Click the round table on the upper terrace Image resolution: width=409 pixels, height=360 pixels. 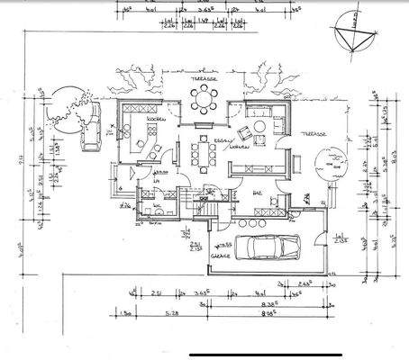point(205,99)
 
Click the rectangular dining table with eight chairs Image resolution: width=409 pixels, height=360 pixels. point(203,156)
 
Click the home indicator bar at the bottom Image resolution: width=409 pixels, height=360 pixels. point(204,353)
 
